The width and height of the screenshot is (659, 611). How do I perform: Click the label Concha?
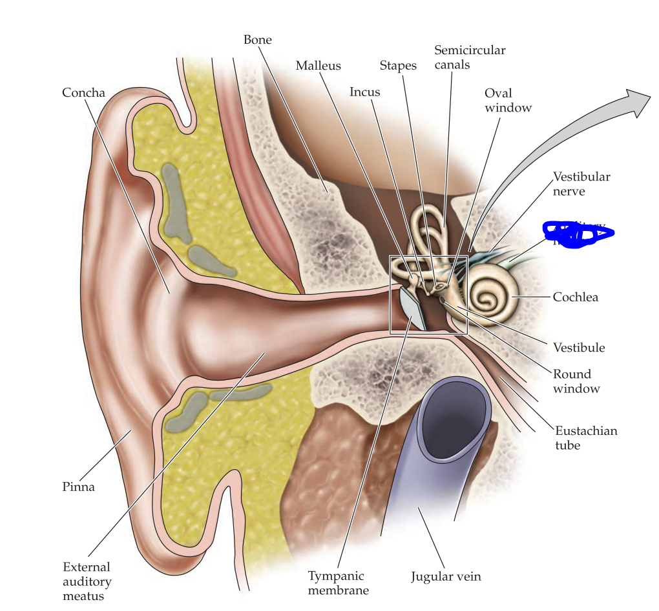(x=83, y=93)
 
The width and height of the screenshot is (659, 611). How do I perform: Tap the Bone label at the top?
(x=257, y=40)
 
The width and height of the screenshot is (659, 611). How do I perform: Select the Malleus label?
(x=318, y=66)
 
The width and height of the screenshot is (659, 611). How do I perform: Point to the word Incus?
(x=364, y=92)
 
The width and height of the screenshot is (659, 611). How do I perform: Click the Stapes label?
(x=398, y=66)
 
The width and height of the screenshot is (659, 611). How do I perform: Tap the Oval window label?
(x=508, y=101)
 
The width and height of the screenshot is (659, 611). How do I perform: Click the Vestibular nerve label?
(x=581, y=184)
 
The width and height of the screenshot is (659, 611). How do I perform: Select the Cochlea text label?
(x=575, y=297)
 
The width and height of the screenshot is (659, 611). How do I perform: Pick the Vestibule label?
(x=578, y=348)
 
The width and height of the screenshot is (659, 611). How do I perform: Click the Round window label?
(x=576, y=381)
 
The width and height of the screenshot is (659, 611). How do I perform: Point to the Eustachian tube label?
(x=586, y=437)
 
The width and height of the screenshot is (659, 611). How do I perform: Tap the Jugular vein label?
(x=446, y=576)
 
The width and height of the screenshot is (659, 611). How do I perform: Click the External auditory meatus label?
(x=87, y=581)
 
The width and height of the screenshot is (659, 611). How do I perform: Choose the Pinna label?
(x=78, y=487)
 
